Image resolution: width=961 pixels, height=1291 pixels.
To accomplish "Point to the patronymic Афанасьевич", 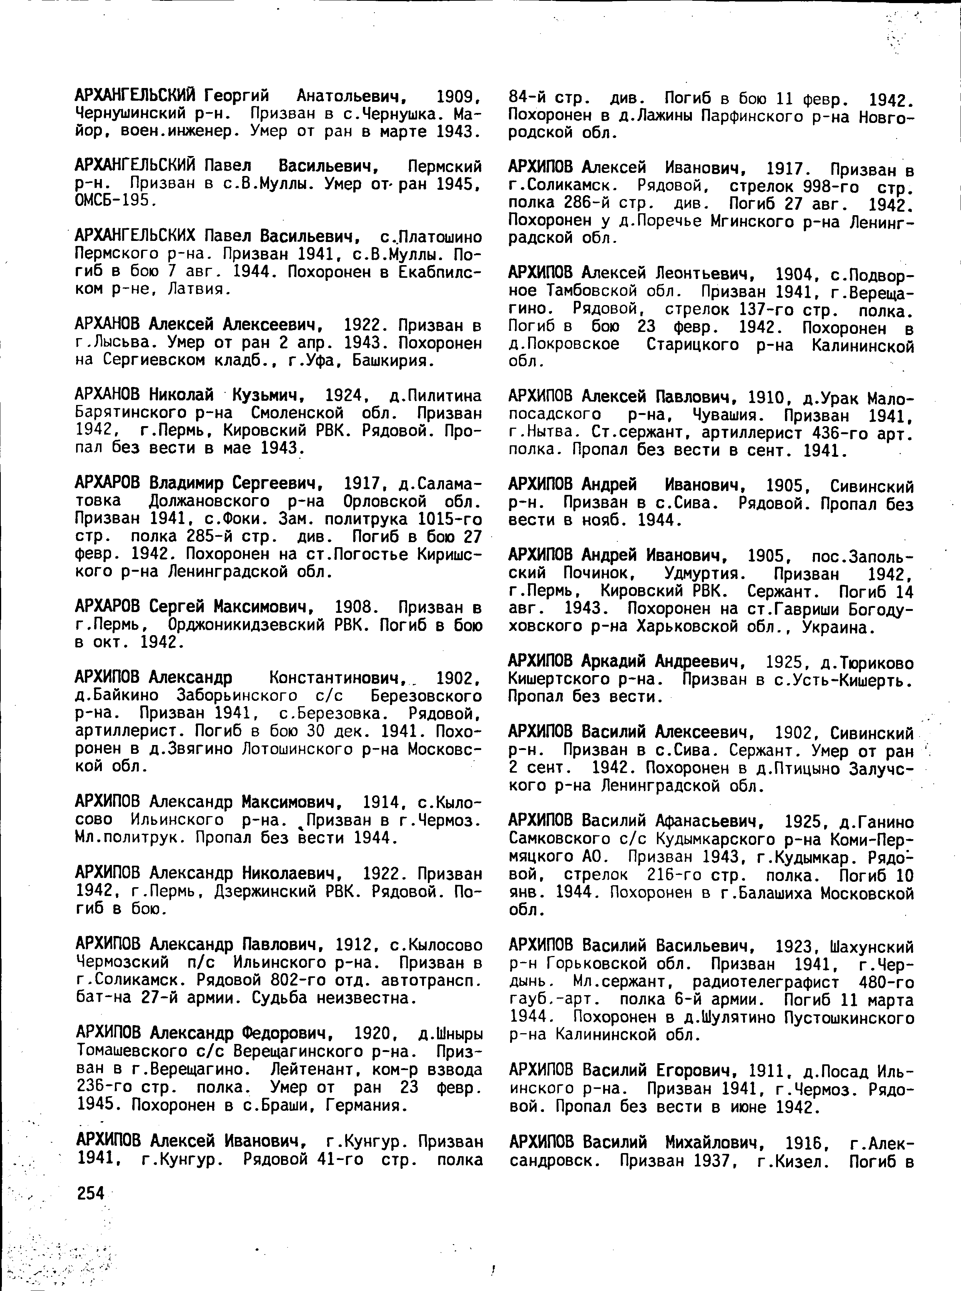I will [705, 822].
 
